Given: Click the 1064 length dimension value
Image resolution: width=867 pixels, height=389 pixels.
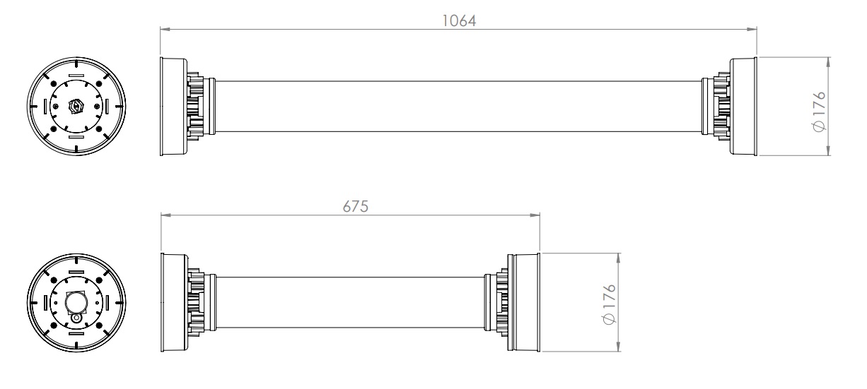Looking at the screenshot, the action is click(x=459, y=21).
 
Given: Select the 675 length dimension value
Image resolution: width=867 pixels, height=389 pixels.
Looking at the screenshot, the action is click(x=355, y=207).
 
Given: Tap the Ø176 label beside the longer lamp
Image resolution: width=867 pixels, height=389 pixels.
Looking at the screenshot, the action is click(x=819, y=112).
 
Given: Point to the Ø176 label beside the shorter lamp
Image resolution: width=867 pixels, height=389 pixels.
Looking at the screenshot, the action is click(x=609, y=304).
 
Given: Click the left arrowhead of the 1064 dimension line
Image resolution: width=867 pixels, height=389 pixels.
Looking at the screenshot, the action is click(x=165, y=30).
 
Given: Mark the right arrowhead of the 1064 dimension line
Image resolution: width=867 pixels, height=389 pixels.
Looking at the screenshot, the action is click(x=752, y=30).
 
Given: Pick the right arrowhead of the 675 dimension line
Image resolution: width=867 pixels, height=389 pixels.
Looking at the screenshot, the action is click(x=535, y=215).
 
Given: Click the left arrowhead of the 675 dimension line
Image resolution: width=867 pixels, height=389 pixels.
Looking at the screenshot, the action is click(x=166, y=215).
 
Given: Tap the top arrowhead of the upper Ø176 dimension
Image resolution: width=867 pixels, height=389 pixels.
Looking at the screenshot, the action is click(x=828, y=62).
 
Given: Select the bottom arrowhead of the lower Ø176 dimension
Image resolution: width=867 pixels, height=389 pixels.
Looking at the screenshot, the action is click(x=618, y=346).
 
